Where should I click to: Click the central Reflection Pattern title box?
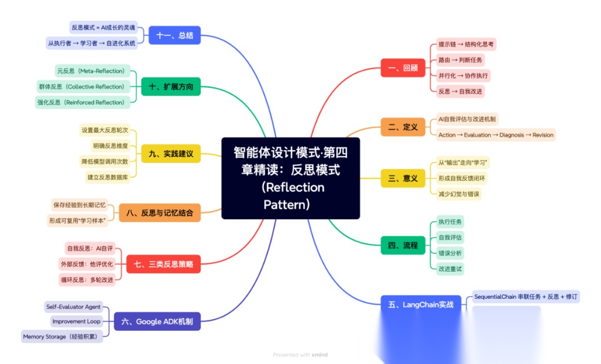[290, 178]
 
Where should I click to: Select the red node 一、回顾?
[402, 68]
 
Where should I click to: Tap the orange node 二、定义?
[402, 127]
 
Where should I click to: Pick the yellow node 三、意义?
[402, 178]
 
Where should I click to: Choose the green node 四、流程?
[402, 245]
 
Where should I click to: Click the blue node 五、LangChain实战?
[421, 304]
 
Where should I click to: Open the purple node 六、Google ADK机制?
[157, 321]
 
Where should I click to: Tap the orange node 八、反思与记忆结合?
[159, 212]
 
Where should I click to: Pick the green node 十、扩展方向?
[170, 87]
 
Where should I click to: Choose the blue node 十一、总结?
[174, 35]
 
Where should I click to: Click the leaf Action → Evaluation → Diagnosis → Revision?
[496, 135]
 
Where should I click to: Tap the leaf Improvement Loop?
[76, 321]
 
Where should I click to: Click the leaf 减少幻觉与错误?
[459, 194]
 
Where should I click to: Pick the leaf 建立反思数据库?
[107, 177]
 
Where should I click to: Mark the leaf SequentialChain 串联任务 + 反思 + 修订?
[526, 297]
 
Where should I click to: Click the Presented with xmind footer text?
[299, 355]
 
